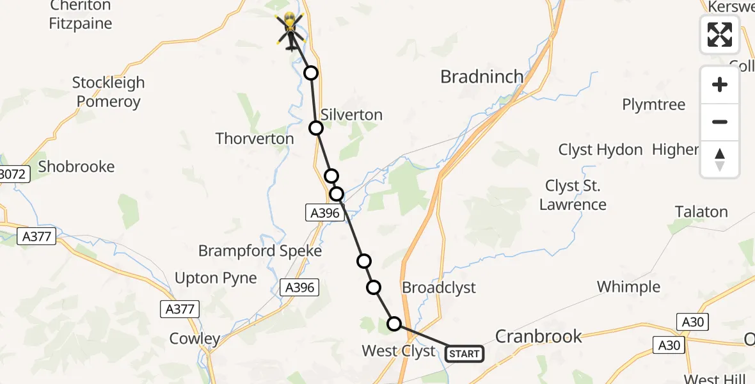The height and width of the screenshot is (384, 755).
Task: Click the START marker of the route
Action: (x=464, y=353)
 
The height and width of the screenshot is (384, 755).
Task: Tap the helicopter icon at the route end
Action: (x=290, y=30)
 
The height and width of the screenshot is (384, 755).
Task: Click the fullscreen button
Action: (x=720, y=35)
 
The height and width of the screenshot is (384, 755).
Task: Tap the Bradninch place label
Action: (x=482, y=77)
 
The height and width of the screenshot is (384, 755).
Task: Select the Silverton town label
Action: (x=351, y=115)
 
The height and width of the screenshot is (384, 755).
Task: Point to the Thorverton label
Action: (x=255, y=138)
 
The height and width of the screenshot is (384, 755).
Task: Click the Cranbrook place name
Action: (x=539, y=336)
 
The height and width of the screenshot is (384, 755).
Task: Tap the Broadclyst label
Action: (x=439, y=287)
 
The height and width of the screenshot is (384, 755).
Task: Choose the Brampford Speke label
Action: (x=260, y=251)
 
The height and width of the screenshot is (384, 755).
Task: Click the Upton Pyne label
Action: (x=216, y=278)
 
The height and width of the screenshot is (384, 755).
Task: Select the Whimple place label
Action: (x=628, y=286)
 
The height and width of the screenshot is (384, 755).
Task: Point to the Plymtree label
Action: (x=654, y=104)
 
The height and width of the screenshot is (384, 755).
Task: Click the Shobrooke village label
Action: (x=76, y=166)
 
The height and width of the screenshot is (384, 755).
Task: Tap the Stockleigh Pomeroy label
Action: (x=108, y=92)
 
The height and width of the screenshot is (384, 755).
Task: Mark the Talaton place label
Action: (x=701, y=212)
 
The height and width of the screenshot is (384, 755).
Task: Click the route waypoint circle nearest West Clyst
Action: (x=395, y=324)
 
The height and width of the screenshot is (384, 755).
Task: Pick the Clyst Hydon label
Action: (x=600, y=150)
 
